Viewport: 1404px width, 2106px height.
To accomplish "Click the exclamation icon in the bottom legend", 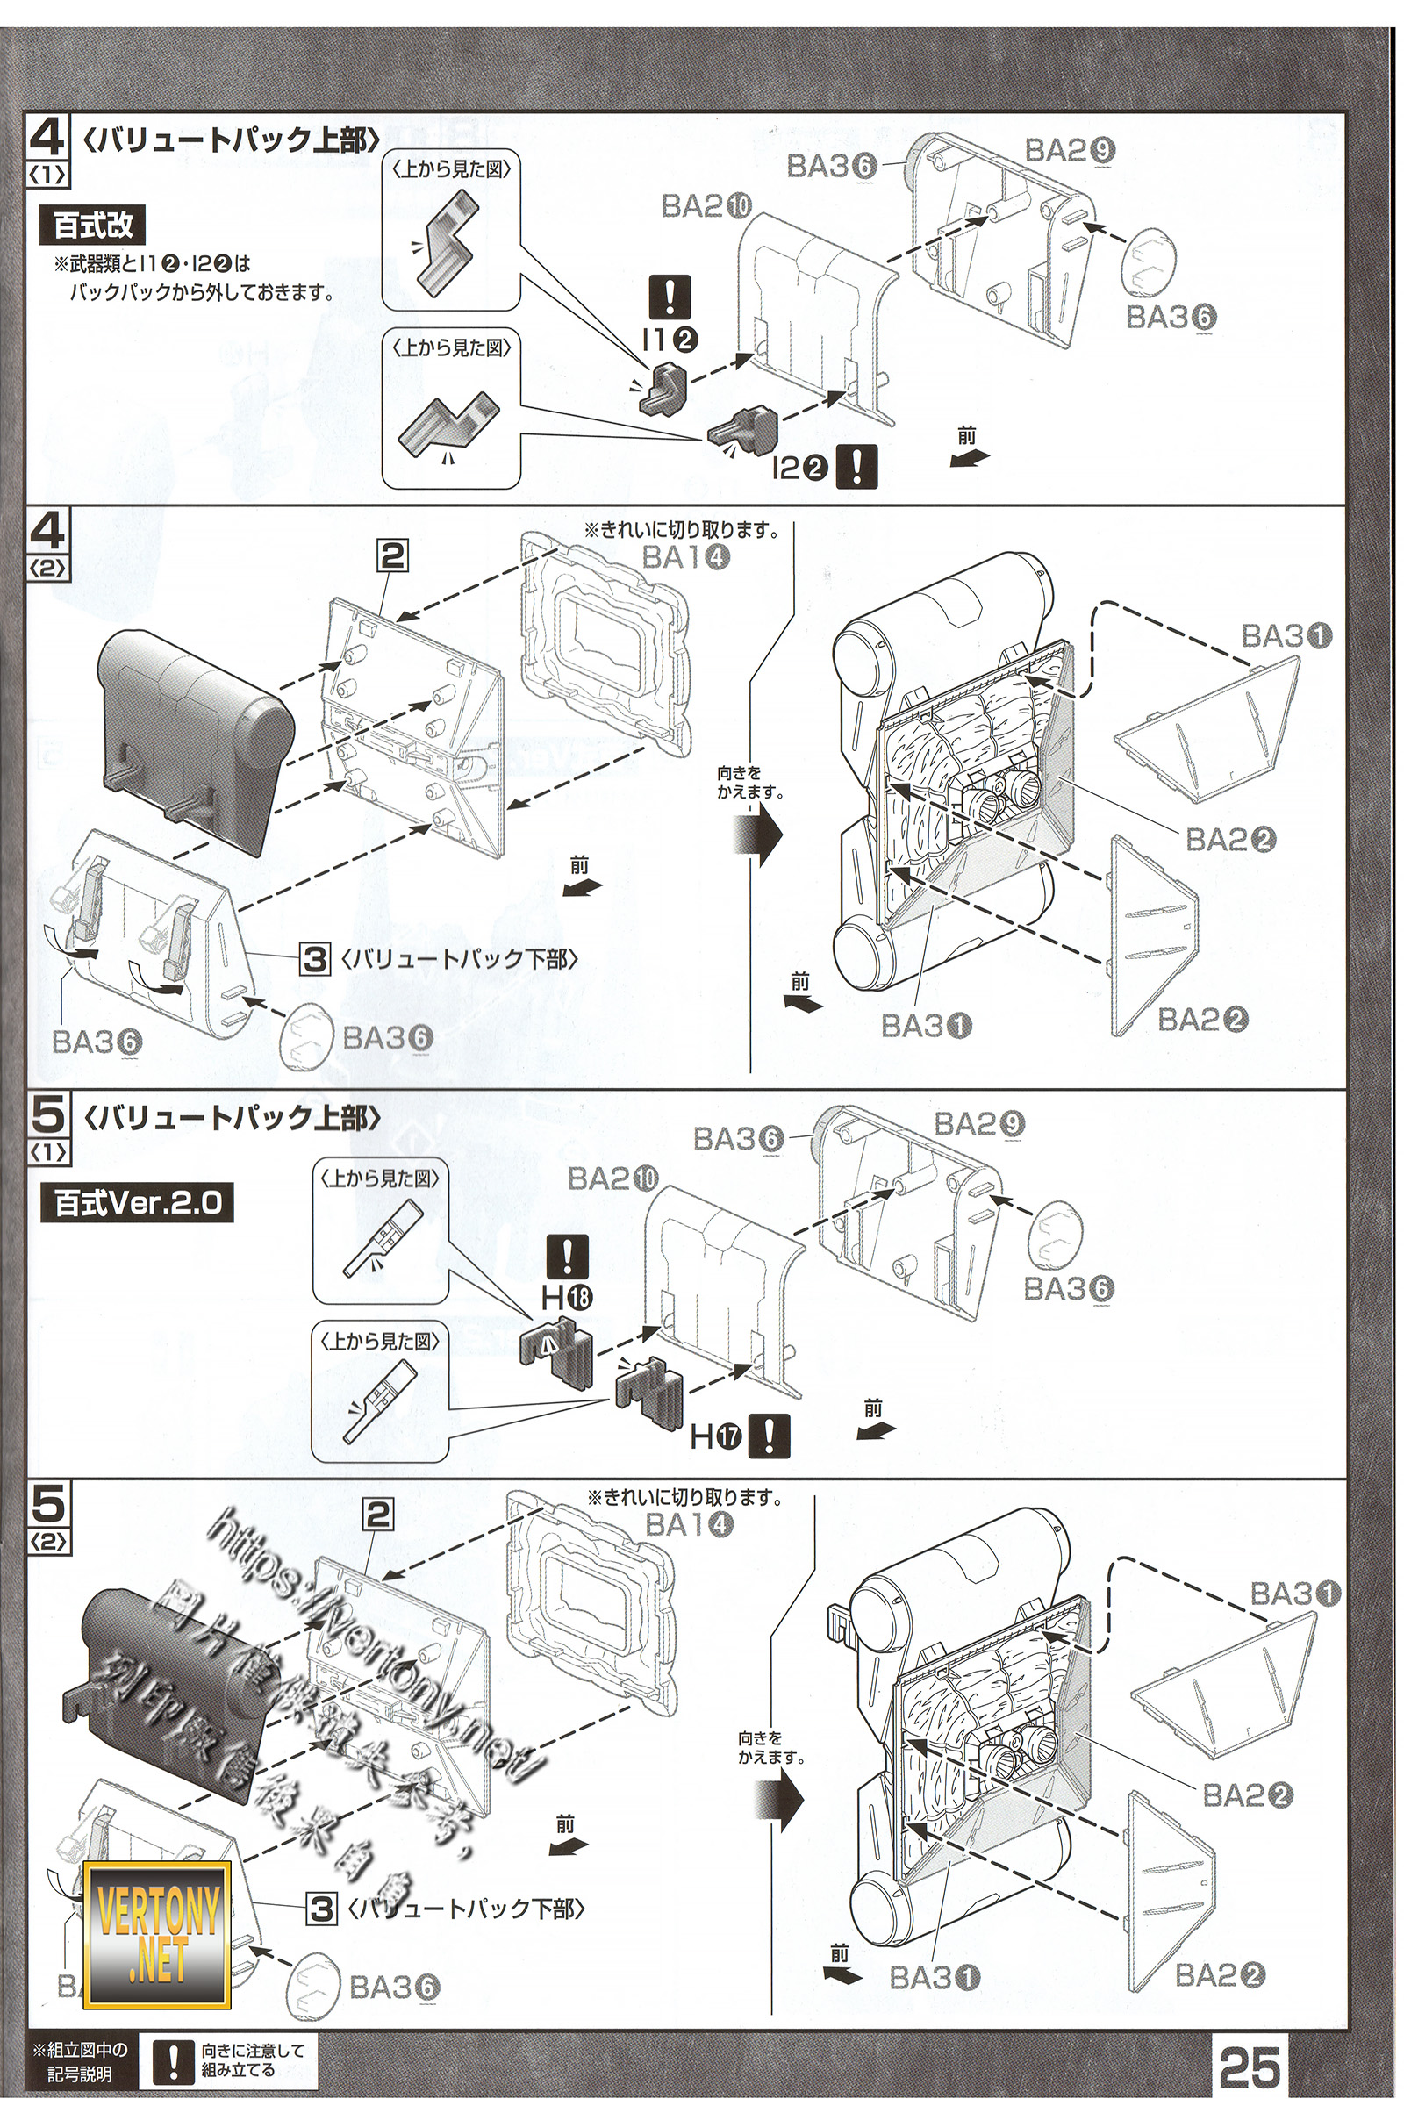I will [175, 2062].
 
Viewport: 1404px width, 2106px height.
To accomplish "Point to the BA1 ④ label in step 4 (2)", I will [685, 557].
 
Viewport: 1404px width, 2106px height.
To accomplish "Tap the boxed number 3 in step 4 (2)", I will [313, 959].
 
